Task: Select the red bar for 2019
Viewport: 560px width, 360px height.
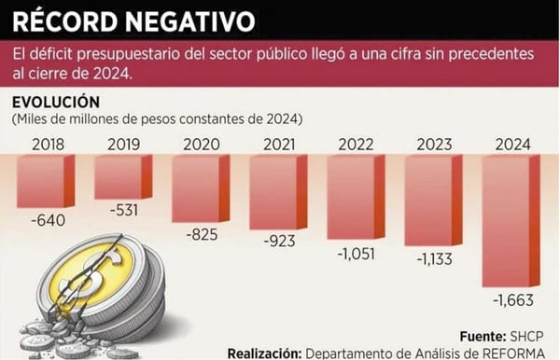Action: pyautogui.click(x=121, y=174)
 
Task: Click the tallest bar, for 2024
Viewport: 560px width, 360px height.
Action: pyautogui.click(x=508, y=220)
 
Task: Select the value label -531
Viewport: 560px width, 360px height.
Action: pyautogui.click(x=122, y=210)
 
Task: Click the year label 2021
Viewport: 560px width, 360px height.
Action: pyautogui.click(x=277, y=144)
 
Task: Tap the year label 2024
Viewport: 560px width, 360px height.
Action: pyautogui.click(x=511, y=144)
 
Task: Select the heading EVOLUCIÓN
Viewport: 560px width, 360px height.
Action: pyautogui.click(x=55, y=102)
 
